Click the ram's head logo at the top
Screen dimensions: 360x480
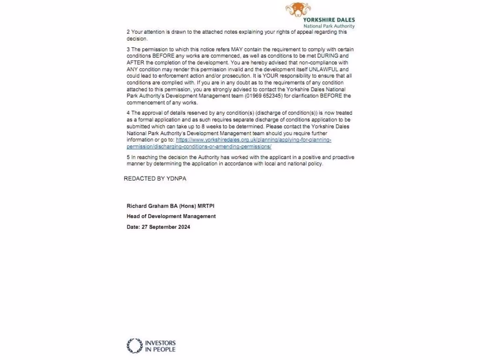click(298, 9)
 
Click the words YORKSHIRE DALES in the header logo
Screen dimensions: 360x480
click(329, 20)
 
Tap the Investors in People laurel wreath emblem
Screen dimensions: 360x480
click(135, 346)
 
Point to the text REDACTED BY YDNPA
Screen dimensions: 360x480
click(155, 179)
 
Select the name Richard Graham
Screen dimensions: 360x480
click(147, 206)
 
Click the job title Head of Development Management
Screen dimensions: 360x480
click(171, 216)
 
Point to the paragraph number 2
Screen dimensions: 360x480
click(128, 32)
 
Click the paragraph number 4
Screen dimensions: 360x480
click(128, 113)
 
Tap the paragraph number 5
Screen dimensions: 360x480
click(128, 157)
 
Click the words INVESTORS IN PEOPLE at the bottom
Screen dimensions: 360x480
click(160, 346)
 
